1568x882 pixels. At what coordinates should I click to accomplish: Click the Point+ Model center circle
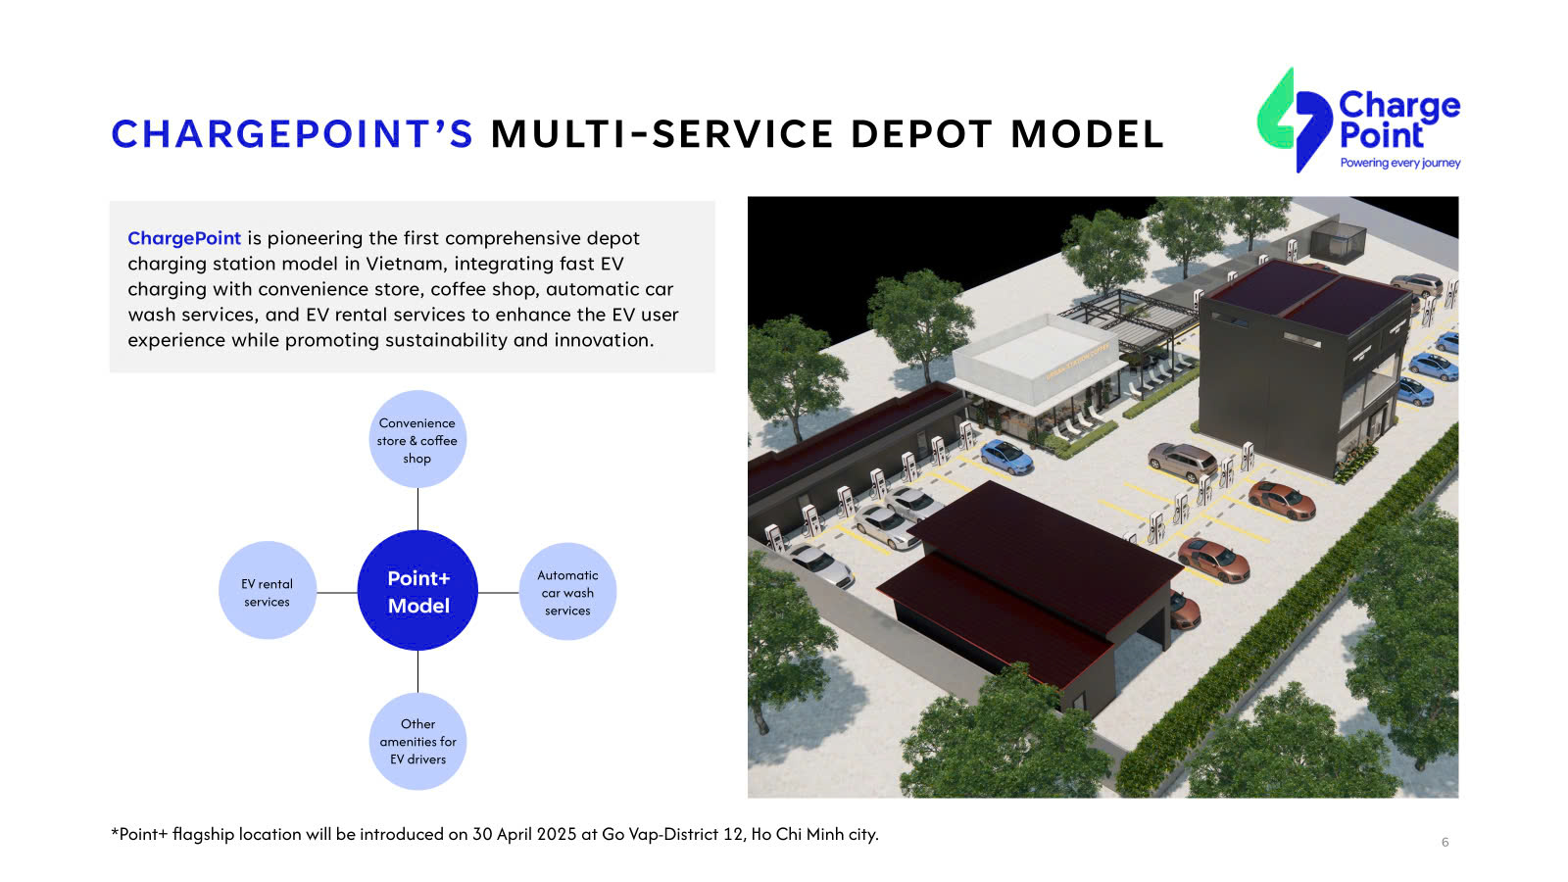(417, 591)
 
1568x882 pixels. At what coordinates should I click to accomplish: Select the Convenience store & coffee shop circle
(417, 440)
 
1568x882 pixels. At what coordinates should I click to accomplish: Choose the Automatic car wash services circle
(567, 592)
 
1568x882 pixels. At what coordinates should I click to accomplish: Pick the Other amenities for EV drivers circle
(417, 741)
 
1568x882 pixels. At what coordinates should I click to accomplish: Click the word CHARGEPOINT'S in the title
(293, 133)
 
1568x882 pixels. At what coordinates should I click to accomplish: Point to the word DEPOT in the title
(922, 133)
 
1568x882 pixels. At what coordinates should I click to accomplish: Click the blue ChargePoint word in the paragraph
(184, 238)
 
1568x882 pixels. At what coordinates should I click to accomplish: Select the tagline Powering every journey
(1400, 163)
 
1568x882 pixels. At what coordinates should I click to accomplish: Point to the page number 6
(1445, 842)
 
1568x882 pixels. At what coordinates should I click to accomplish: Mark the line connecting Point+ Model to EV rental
(337, 593)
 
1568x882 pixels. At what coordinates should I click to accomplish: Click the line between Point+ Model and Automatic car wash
(499, 593)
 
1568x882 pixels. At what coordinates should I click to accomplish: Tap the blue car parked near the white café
(1005, 457)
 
